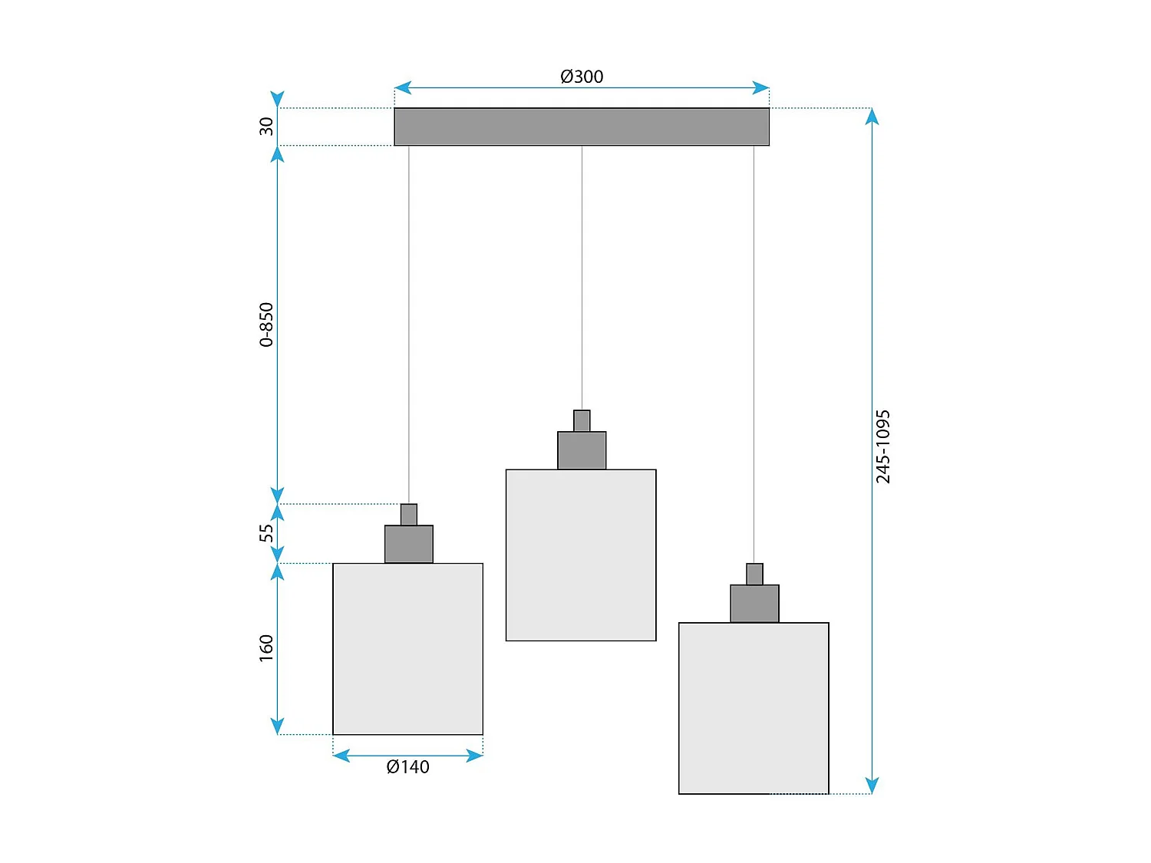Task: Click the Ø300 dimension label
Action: (x=582, y=77)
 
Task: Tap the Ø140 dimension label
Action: (x=407, y=767)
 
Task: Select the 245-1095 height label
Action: (x=883, y=446)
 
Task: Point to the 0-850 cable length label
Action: (x=266, y=324)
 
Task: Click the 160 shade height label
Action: (x=266, y=648)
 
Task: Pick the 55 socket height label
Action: (x=266, y=533)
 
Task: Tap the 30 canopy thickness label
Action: (x=266, y=127)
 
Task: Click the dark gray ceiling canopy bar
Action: (x=582, y=127)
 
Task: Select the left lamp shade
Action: (x=407, y=649)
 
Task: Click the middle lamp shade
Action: (x=581, y=555)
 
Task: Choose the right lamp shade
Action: (x=754, y=708)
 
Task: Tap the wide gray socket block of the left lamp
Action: (x=409, y=544)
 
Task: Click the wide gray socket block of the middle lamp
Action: (x=582, y=450)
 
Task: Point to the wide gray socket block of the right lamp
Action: (x=754, y=604)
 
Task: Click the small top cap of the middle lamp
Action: (x=582, y=421)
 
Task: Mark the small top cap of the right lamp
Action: (x=754, y=575)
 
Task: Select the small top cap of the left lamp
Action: (x=409, y=515)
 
